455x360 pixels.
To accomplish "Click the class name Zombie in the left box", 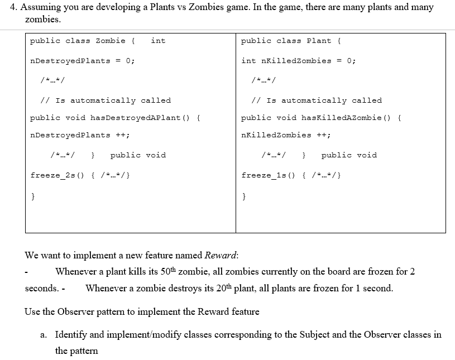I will (111, 41).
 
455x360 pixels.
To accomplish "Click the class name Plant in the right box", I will (319, 41).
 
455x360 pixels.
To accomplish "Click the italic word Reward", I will (221, 256).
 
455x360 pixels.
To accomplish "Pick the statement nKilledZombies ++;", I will (285, 135).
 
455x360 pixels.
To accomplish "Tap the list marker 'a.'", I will (44, 335).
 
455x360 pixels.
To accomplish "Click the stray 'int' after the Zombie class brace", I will (158, 41).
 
